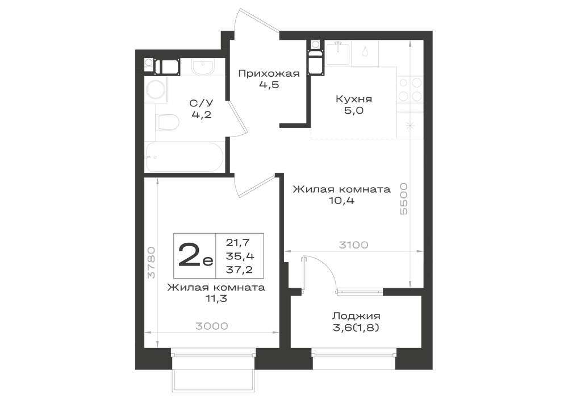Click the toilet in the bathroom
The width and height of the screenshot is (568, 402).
coord(168,122)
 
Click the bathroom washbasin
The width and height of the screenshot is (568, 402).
coord(203,68)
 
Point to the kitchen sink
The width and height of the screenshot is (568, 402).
coord(338,53)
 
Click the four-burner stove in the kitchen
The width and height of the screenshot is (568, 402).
coord(410,89)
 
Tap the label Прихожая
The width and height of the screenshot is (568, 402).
coord(269,74)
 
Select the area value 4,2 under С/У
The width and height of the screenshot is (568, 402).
coord(201,115)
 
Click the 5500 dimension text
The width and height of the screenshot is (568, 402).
coord(403,199)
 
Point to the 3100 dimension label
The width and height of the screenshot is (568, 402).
coord(353,245)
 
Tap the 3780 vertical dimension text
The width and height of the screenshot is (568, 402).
coord(152,263)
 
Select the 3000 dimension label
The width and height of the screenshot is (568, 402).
coord(212,326)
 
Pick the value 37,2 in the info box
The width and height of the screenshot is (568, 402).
coord(240,270)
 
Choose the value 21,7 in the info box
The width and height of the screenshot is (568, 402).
coord(239,242)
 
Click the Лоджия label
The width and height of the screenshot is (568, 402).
coord(357,316)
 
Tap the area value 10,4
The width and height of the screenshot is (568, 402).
coord(341,200)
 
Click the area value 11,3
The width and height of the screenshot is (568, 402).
coord(216,299)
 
